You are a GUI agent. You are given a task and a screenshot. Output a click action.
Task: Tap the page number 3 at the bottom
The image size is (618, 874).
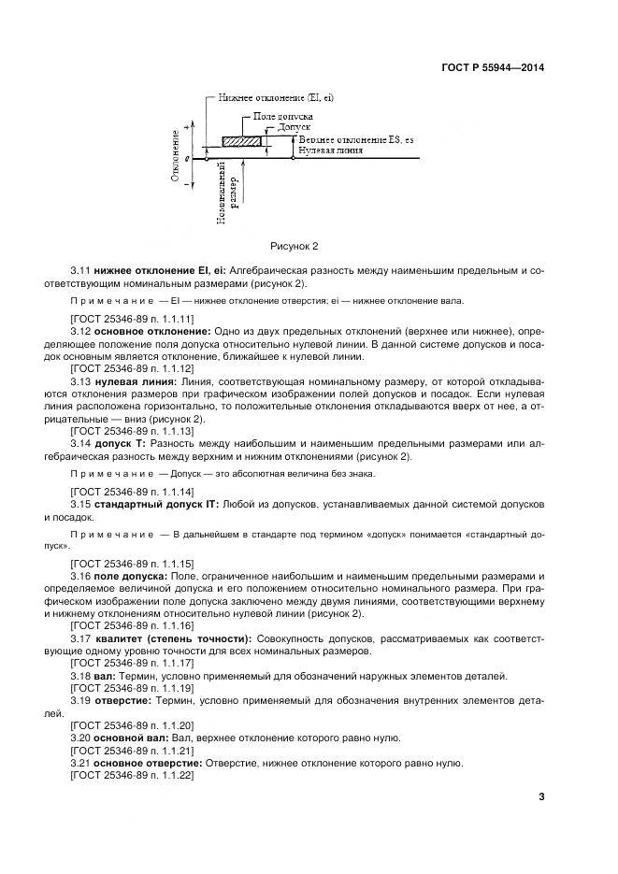coord(540,796)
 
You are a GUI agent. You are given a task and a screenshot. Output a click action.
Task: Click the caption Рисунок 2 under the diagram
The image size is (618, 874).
coord(295,246)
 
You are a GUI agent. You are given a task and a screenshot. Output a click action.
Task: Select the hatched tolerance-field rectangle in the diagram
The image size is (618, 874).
coord(241,141)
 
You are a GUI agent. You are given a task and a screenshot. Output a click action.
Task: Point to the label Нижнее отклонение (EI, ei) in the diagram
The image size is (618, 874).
coord(275,98)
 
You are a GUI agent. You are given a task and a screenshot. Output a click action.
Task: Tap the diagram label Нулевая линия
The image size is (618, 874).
coord(328,149)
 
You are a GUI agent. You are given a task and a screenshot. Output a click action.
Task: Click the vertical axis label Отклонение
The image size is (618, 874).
coord(176,155)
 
